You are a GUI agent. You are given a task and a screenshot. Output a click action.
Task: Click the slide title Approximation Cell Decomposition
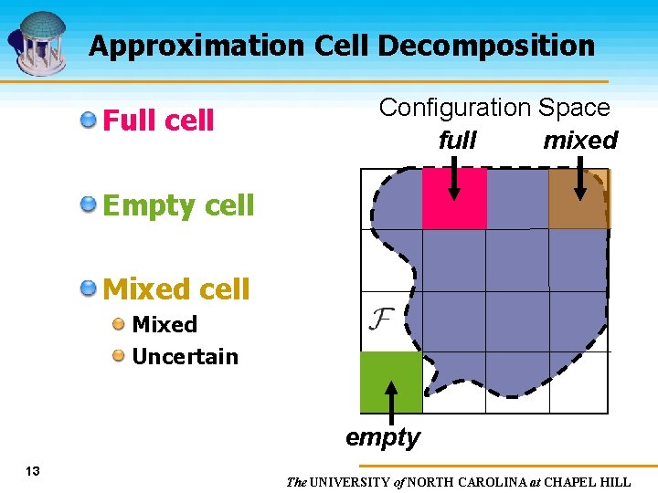pyautogui.click(x=341, y=46)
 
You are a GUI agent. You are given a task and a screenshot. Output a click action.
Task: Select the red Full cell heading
pyautogui.click(x=158, y=121)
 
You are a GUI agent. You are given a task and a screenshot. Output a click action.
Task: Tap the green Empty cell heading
pyautogui.click(x=178, y=205)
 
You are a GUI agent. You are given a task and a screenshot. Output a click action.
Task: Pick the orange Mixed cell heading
pyautogui.click(x=176, y=289)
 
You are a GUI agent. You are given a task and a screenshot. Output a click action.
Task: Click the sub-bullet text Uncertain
pyautogui.click(x=185, y=356)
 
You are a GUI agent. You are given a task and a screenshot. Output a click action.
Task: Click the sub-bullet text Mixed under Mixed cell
pyautogui.click(x=164, y=324)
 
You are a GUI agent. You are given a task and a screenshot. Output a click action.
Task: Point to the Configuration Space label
pyautogui.click(x=494, y=108)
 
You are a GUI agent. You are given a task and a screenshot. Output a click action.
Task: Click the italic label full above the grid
pyautogui.click(x=457, y=141)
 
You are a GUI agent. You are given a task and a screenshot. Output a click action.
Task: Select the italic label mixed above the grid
pyautogui.click(x=580, y=141)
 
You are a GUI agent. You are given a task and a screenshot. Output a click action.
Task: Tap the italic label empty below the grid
pyautogui.click(x=383, y=437)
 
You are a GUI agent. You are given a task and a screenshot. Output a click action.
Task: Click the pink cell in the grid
pyautogui.click(x=454, y=199)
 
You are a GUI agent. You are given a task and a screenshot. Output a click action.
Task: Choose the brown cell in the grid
pyautogui.click(x=578, y=199)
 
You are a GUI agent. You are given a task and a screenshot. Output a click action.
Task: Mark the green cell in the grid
pyautogui.click(x=391, y=382)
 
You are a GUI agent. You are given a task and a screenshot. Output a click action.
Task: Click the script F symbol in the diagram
pyautogui.click(x=381, y=319)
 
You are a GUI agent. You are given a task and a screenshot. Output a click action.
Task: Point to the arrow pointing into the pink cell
pyautogui.click(x=455, y=177)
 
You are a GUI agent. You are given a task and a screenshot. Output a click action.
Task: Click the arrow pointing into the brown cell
pyautogui.click(x=580, y=177)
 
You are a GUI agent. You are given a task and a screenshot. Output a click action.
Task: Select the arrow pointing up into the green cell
pyautogui.click(x=391, y=402)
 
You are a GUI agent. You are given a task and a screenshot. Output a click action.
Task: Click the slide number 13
pyautogui.click(x=33, y=471)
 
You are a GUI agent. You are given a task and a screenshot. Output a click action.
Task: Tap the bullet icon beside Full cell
pyautogui.click(x=89, y=120)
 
